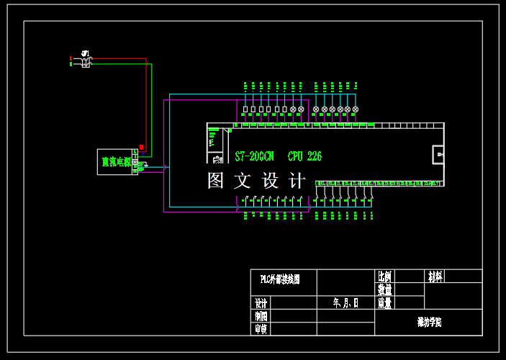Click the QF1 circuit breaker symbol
86,61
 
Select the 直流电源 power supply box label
115,162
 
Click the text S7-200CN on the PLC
255,156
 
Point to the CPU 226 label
304,156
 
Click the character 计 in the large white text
297,180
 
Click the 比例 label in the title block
384,276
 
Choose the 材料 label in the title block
435,276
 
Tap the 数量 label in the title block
384,289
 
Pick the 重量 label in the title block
384,303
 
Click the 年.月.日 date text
345,303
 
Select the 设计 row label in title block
261,303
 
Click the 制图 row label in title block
261,316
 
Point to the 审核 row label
261,329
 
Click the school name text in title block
429,323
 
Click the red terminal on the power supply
142,148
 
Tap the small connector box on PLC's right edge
438,155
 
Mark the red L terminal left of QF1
71,58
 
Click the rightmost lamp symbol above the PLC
356,109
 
